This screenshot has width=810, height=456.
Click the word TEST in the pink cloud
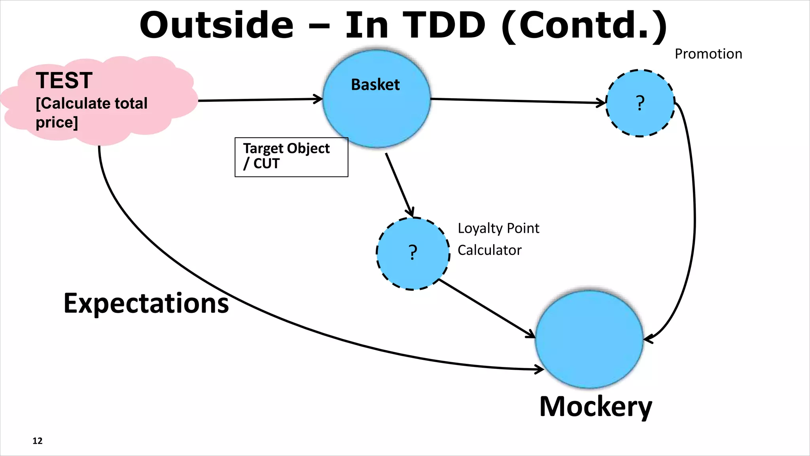click(64, 80)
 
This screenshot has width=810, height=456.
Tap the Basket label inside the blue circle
click(375, 85)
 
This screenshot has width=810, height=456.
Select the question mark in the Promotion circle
click(640, 103)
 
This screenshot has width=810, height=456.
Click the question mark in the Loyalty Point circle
click(413, 253)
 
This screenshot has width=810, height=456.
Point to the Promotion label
click(708, 54)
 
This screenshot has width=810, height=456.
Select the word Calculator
click(490, 250)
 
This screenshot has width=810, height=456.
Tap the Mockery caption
click(595, 407)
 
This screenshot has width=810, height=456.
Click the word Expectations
click(146, 304)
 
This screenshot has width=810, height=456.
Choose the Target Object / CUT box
click(291, 157)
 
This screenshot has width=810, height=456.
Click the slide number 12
click(37, 441)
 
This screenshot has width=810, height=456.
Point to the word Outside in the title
click(216, 25)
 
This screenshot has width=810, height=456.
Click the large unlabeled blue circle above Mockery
click(589, 339)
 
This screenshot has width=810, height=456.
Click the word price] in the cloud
click(57, 122)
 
